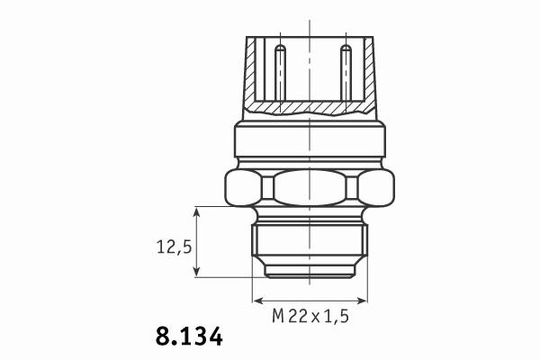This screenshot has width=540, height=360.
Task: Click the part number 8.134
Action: (x=189, y=337)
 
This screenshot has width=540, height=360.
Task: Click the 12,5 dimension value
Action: (x=174, y=247)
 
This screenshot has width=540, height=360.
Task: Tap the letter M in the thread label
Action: (x=278, y=316)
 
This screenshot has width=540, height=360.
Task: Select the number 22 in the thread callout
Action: (x=298, y=316)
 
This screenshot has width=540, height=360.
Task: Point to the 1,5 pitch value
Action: (x=336, y=316)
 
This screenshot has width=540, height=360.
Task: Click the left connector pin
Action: (x=280, y=73)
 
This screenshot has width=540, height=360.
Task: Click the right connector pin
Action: (x=346, y=73)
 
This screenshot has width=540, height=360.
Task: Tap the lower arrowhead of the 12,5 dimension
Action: (x=196, y=271)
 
